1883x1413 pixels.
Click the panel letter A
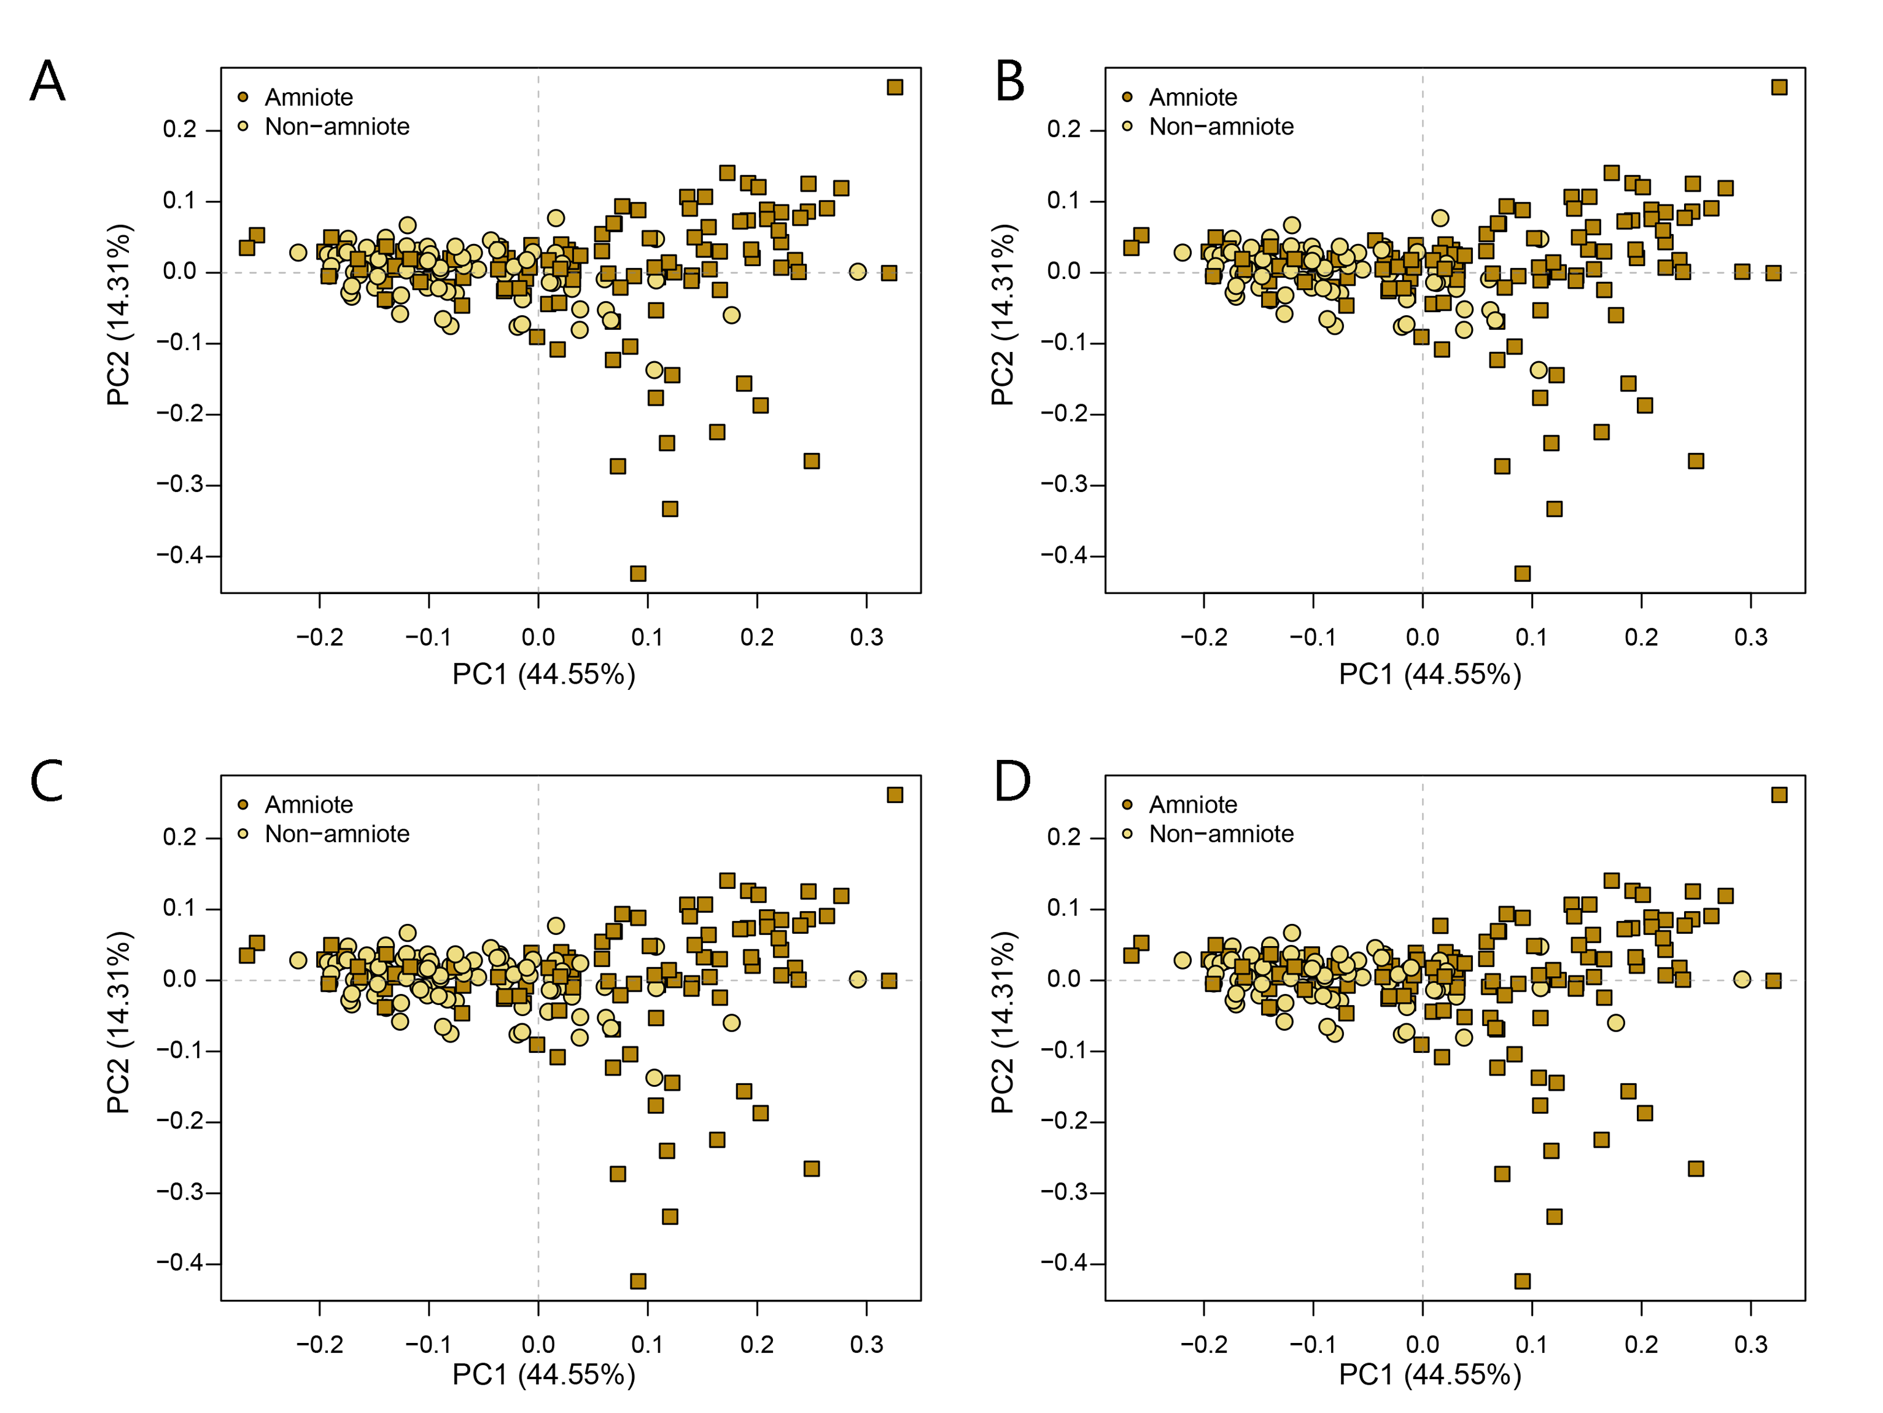pyautogui.click(x=48, y=82)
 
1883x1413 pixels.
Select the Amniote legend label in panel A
pyautogui.click(x=308, y=97)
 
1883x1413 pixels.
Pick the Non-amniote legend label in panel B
pyautogui.click(x=1221, y=127)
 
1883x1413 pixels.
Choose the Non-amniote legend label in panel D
pyautogui.click(x=1221, y=834)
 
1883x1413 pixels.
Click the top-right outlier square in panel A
pyautogui.click(x=895, y=87)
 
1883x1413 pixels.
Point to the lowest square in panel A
pyautogui.click(x=638, y=573)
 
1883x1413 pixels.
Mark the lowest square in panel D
pyautogui.click(x=1522, y=1281)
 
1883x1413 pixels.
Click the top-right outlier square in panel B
pyautogui.click(x=1779, y=87)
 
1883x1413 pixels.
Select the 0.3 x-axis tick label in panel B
pyautogui.click(x=1751, y=637)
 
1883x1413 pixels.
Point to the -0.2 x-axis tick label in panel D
pyautogui.click(x=1204, y=1345)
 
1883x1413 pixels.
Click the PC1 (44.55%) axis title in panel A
pyautogui.click(x=544, y=675)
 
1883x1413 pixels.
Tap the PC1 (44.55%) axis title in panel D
pyautogui.click(x=1429, y=1375)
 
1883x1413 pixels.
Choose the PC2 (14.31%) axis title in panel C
pyautogui.click(x=118, y=1022)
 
